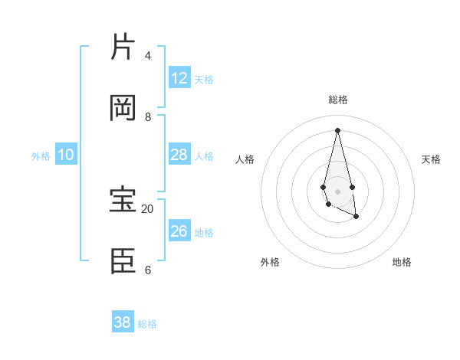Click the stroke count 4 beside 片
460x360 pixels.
coord(148,55)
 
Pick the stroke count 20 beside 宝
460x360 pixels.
coord(148,208)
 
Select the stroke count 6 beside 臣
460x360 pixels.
coord(148,270)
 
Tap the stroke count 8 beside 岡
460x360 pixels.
coord(148,116)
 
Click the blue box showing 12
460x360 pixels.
coord(179,78)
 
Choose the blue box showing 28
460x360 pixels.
coord(179,155)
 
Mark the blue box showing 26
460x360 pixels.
coord(179,231)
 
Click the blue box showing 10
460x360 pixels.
coord(66,155)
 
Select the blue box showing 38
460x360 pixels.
coord(123,322)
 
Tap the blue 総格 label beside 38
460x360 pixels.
coord(147,324)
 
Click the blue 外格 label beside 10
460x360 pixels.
coord(41,156)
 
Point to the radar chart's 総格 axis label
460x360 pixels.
coord(338,100)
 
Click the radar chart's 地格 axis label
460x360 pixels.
coord(402,262)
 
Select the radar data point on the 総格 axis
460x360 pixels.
coord(338,129)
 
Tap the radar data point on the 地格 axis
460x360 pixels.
coord(356,218)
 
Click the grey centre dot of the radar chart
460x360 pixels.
coord(338,191)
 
